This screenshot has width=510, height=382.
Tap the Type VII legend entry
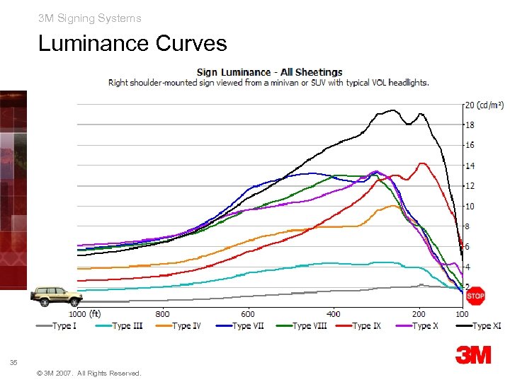coord(242,326)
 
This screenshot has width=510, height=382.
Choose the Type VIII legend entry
coord(302,326)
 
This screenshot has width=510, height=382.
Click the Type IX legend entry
coord(362,326)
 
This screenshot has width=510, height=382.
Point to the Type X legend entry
coord(421,326)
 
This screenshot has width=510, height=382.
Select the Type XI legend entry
coord(481,326)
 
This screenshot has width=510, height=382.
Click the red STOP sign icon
coord(476,297)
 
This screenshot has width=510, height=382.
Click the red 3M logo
coord(473,354)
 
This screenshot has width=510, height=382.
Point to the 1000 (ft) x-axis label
coord(84,314)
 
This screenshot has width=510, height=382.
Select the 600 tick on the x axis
coord(248,314)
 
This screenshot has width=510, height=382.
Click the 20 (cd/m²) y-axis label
coord(484,105)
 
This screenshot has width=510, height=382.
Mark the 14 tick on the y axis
coord(469,166)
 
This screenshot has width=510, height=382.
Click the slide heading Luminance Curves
coord(132,44)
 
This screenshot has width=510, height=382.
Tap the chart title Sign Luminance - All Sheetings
coord(269,71)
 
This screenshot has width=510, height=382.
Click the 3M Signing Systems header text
coord(90,18)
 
